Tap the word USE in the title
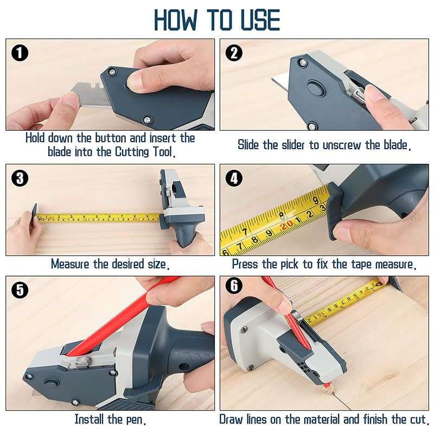coord(258,20)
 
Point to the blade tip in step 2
coord(274,81)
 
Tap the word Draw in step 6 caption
coord(232,419)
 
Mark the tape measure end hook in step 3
coord(35,214)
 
